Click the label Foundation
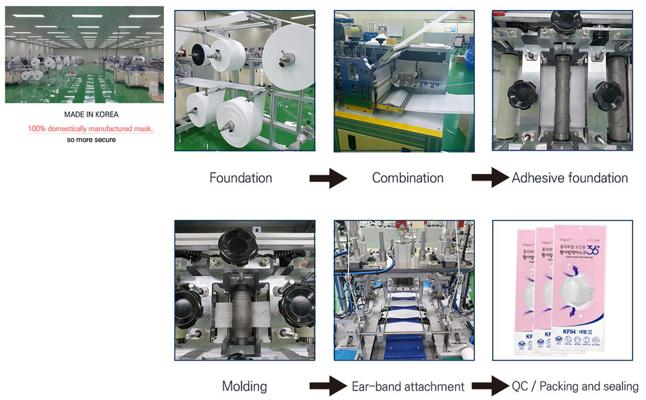pos(240,178)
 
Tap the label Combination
pos(408,178)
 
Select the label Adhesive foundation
pos(569,178)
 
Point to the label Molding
pos(244,386)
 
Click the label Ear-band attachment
pos(408,386)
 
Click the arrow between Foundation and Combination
pos(328,179)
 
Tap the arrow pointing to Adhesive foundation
pos(490,178)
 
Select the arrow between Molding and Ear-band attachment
pos(328,386)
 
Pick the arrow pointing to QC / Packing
pos(490,386)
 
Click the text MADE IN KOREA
pos(91,115)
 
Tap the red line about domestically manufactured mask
pos(91,128)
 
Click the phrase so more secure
pos(91,140)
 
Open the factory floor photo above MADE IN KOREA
pos(84,55)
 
